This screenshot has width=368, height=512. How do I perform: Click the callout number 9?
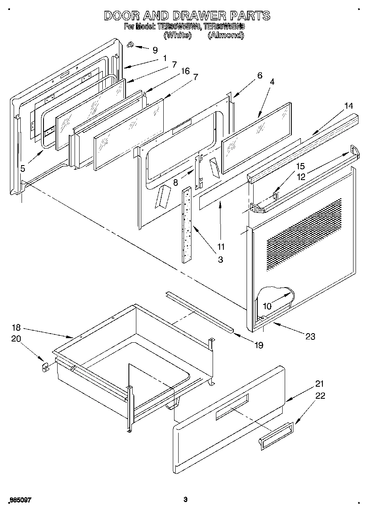pyautogui.click(x=155, y=50)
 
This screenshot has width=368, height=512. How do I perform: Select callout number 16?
pyautogui.click(x=185, y=71)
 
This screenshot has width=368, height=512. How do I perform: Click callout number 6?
pyautogui.click(x=260, y=75)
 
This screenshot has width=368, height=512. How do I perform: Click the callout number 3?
pyautogui.click(x=220, y=259)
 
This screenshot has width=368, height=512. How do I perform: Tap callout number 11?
pyautogui.click(x=221, y=246)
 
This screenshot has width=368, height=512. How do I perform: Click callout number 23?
pyautogui.click(x=310, y=336)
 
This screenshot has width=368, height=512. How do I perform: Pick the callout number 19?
pyautogui.click(x=259, y=345)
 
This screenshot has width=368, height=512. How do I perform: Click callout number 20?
pyautogui.click(x=16, y=339)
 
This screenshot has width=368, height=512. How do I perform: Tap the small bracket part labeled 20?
pyautogui.click(x=45, y=367)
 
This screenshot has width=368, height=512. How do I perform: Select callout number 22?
pyautogui.click(x=320, y=395)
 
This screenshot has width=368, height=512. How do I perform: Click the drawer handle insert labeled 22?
pyautogui.click(x=276, y=436)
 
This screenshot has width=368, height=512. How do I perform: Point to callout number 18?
pyautogui.click(x=16, y=327)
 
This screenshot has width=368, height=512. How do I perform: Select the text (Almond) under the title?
pyautogui.click(x=225, y=35)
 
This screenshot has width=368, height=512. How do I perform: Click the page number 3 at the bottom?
pyautogui.click(x=186, y=500)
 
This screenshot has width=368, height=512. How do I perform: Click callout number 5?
pyautogui.click(x=23, y=168)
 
